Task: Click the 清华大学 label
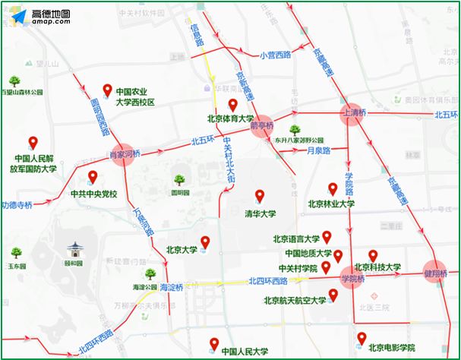[x=260, y=213]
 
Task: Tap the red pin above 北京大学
[x=204, y=242]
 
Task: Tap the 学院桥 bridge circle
[x=352, y=279]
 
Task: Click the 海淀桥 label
[x=172, y=288]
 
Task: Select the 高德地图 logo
[x=46, y=17]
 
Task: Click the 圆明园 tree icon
[x=180, y=180]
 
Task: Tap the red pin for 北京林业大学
[x=332, y=189]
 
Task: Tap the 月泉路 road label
[x=318, y=151]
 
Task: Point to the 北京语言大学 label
[x=302, y=238]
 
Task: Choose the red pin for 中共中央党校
[x=93, y=178]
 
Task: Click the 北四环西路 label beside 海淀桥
[x=267, y=281]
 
